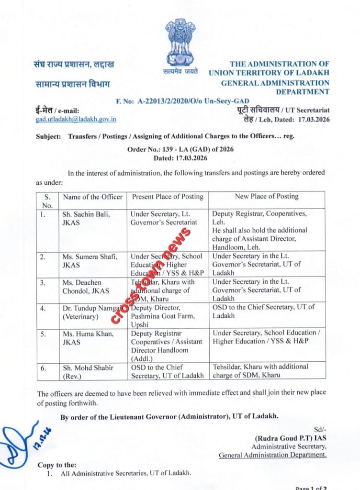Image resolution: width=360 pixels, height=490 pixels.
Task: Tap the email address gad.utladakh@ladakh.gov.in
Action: coord(76,120)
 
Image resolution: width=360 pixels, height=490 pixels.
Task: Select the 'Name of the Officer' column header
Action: coord(92,197)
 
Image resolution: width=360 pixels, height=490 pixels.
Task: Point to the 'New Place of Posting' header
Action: coord(266,196)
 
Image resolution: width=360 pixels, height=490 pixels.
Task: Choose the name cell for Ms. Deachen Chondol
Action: coord(86,286)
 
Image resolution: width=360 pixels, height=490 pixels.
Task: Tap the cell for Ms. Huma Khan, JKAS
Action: coord(86,337)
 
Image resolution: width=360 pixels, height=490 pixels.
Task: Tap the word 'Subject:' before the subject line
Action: coord(48,136)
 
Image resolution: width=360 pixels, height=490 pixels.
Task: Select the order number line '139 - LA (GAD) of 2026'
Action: coord(180,150)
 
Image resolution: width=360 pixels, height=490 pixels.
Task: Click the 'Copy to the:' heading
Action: coord(56,465)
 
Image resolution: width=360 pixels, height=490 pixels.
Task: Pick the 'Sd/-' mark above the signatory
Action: coord(320,429)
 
